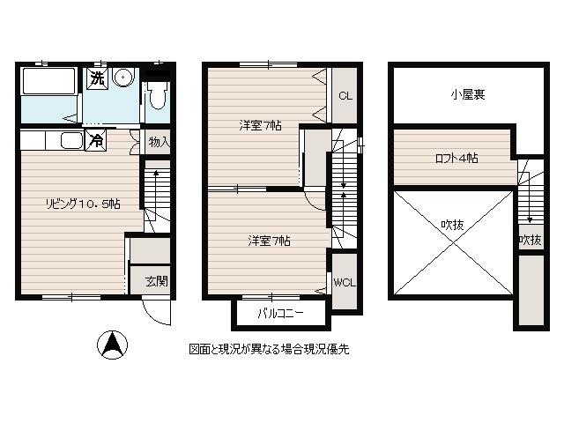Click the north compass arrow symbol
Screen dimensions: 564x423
tap(112, 345)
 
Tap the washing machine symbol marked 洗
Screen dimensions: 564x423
tap(97, 78)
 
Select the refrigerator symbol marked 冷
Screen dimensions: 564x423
tap(96, 139)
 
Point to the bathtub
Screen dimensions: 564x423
tap(49, 81)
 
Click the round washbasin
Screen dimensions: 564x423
tap(123, 77)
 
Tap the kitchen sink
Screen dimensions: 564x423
tap(72, 140)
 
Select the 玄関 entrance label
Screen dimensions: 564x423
tap(157, 281)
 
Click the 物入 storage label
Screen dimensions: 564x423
tap(160, 142)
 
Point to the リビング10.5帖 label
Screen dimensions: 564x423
tap(83, 204)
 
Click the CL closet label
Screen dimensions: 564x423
tap(345, 96)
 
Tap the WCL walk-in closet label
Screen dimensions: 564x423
tap(345, 283)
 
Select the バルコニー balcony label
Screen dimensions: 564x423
tap(280, 313)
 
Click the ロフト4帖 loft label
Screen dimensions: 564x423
tap(456, 159)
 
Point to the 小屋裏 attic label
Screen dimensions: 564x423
tap(468, 94)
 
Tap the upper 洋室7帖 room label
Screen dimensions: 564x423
tap(261, 125)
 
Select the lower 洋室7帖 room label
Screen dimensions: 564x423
tap(269, 241)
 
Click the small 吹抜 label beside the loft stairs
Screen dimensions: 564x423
tap(531, 240)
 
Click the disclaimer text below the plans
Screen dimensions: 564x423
tap(269, 349)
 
